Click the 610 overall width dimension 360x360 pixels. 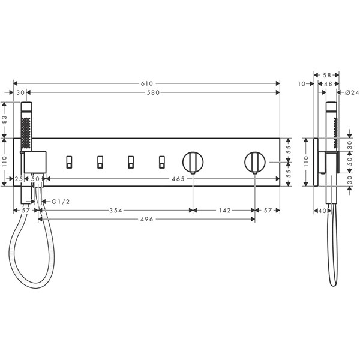coord(147,83)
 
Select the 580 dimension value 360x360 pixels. coord(153,92)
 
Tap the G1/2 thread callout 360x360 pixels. coord(61,202)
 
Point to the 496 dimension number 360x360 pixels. coord(147,219)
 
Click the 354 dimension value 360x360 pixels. coord(116,211)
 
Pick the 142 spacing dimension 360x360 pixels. coord(225,211)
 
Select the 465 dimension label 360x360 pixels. coord(178,179)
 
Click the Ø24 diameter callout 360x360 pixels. coord(352,92)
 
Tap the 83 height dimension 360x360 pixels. coord(4,120)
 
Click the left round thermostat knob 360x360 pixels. coord(193,162)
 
